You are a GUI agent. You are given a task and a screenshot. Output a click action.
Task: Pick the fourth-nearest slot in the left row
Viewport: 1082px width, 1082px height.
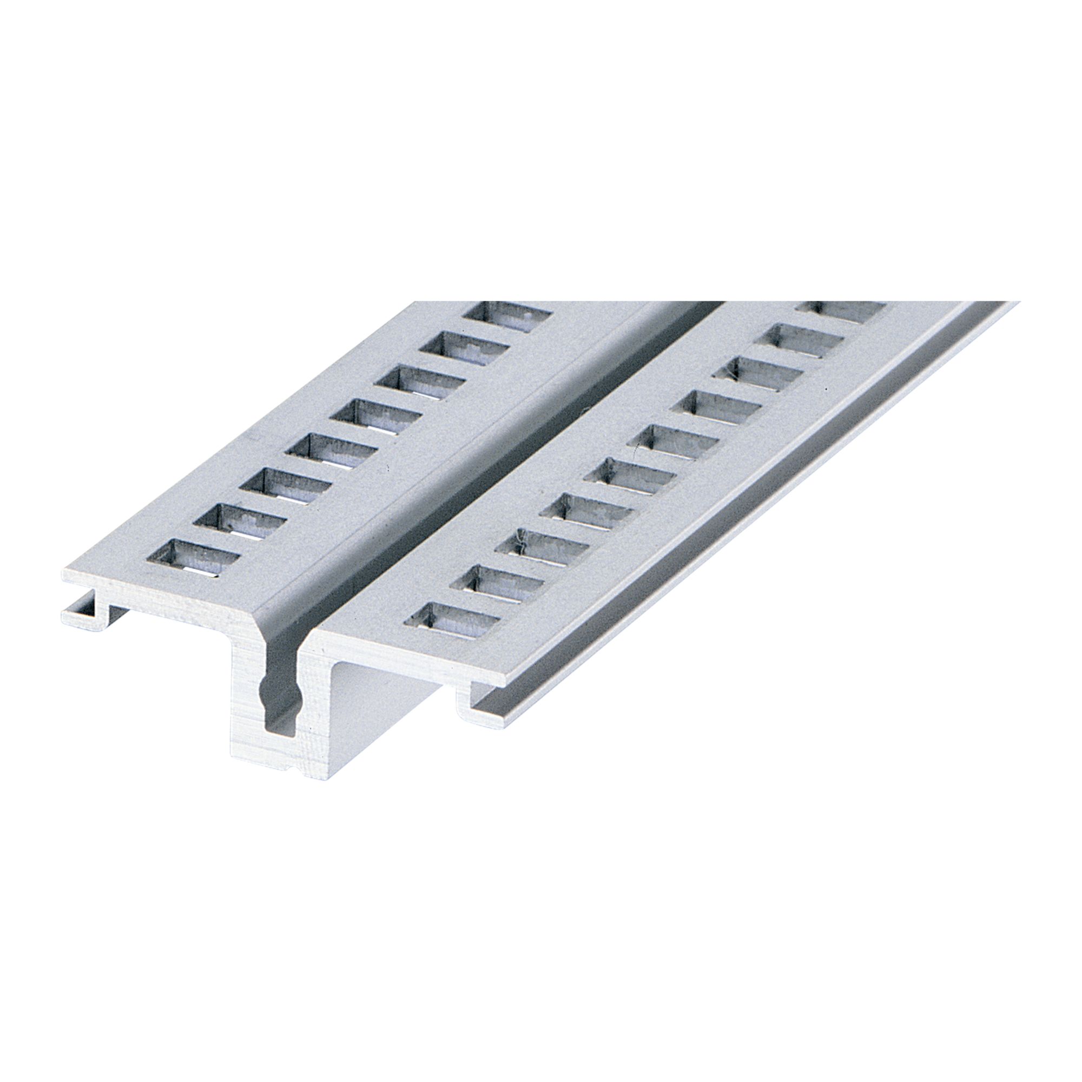(x=333, y=451)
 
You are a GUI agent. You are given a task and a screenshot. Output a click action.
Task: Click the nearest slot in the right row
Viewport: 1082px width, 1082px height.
(x=452, y=621)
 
